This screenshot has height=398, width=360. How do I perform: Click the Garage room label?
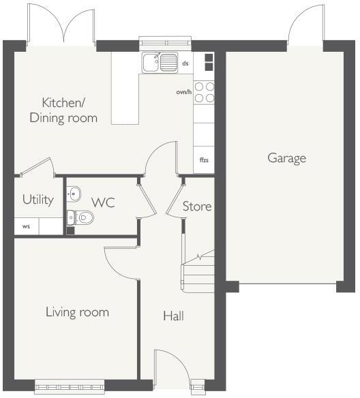click(x=286, y=158)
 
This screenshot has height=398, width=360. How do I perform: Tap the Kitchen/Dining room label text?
click(x=63, y=110)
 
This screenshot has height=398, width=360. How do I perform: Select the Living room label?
click(x=77, y=312)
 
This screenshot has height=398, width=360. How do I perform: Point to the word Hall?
click(x=173, y=316)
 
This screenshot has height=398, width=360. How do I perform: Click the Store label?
click(x=197, y=206)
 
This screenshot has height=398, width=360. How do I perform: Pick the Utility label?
click(x=37, y=200)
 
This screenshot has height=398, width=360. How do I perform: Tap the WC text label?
click(x=103, y=202)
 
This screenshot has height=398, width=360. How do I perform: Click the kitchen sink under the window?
click(x=160, y=63)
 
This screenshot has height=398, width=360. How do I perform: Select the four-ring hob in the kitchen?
click(x=204, y=92)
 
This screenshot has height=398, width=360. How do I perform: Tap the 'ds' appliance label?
click(x=185, y=63)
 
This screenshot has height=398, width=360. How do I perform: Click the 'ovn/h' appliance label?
click(x=183, y=92)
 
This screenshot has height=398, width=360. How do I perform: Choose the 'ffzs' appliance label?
click(x=203, y=160)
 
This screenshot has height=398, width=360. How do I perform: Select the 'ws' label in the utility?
click(x=26, y=226)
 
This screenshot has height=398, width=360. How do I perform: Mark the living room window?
click(x=70, y=386)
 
